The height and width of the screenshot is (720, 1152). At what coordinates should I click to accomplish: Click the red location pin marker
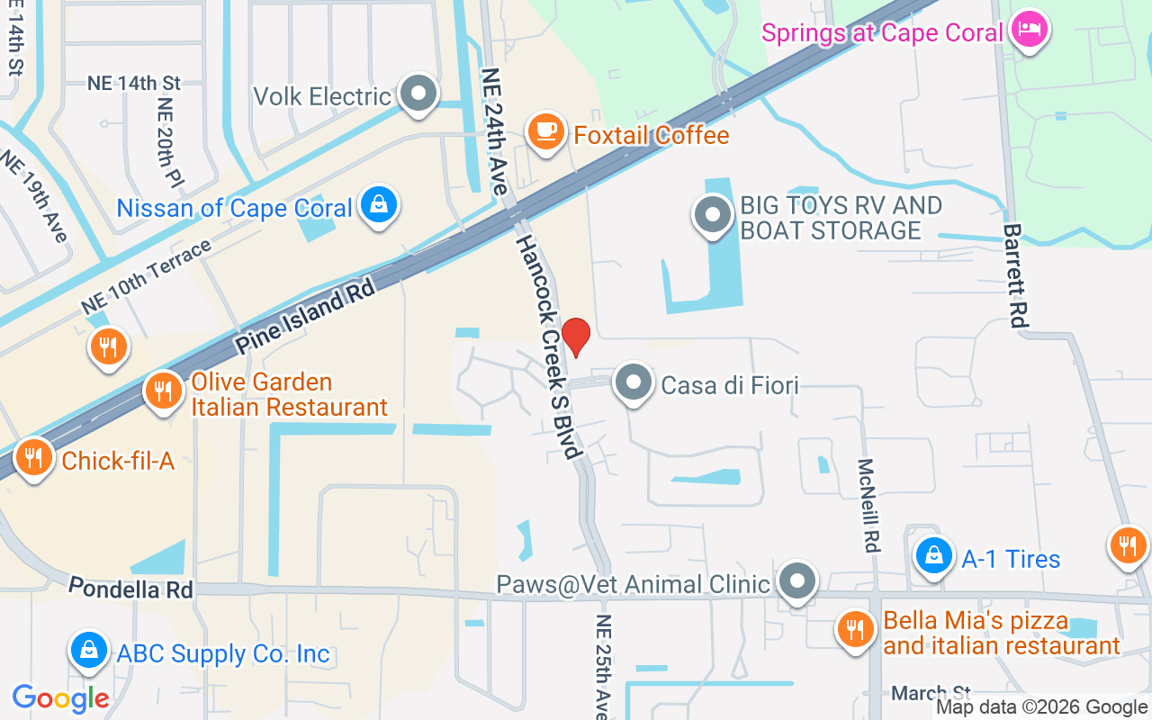click(576, 337)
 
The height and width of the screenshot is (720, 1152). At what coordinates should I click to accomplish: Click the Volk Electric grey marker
click(418, 94)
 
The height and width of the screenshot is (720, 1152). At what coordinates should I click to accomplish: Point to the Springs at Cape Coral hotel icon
click(1028, 30)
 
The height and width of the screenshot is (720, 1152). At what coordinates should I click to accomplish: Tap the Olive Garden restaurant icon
click(163, 392)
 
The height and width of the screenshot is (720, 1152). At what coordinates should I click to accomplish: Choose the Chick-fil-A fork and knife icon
click(34, 458)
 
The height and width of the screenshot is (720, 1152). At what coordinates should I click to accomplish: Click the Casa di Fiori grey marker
click(634, 382)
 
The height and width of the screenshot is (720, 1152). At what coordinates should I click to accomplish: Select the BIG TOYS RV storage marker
click(713, 216)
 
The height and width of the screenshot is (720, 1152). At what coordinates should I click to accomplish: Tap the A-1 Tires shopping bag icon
click(935, 556)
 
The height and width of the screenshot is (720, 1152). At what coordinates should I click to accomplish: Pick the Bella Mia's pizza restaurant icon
click(854, 629)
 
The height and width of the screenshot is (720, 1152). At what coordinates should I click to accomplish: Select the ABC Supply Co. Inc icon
click(89, 651)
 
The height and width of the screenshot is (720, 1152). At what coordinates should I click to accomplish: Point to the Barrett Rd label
click(1016, 274)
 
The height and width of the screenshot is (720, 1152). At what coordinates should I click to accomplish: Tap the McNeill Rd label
click(868, 505)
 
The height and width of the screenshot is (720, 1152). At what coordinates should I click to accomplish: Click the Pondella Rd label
click(131, 589)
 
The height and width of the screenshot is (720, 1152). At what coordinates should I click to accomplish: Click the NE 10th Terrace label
click(146, 277)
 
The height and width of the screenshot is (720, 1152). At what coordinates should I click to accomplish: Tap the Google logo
click(60, 697)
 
